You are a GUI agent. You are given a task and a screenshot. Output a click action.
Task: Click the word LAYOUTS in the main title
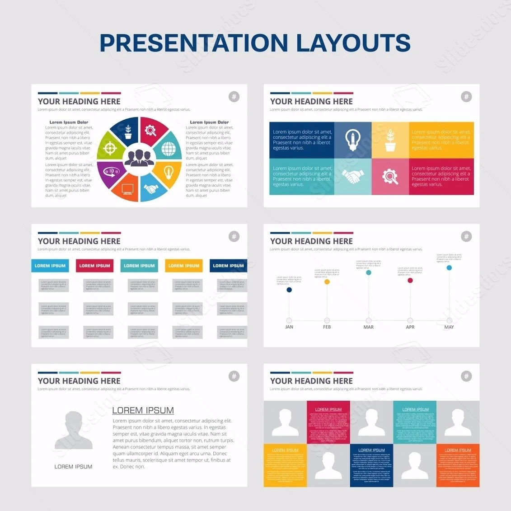point(353,43)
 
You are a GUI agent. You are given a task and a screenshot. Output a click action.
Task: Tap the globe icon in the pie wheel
point(168,147)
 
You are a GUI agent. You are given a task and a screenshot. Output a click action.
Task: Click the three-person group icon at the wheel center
point(139,158)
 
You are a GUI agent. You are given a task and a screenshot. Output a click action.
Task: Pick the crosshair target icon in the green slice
point(110,148)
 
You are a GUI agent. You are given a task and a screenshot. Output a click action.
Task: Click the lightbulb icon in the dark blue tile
point(352,139)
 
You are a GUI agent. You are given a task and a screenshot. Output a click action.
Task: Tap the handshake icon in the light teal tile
point(352,177)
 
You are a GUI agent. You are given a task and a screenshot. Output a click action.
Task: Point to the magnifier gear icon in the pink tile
point(390,177)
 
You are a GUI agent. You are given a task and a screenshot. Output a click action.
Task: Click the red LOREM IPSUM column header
point(94,266)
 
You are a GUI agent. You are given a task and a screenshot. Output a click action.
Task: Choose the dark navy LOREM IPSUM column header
point(228,266)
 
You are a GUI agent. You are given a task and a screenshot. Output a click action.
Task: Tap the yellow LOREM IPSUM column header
point(183,266)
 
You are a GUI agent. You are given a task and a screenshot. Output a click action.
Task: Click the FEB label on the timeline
point(327,327)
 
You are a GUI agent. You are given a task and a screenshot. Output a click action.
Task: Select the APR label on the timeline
point(410,327)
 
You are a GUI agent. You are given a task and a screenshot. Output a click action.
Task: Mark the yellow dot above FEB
point(327,282)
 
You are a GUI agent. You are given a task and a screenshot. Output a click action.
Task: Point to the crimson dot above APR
point(410,281)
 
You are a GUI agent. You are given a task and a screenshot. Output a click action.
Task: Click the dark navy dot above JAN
point(289,290)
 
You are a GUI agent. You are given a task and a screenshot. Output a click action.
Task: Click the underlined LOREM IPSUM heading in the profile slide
point(143,410)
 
